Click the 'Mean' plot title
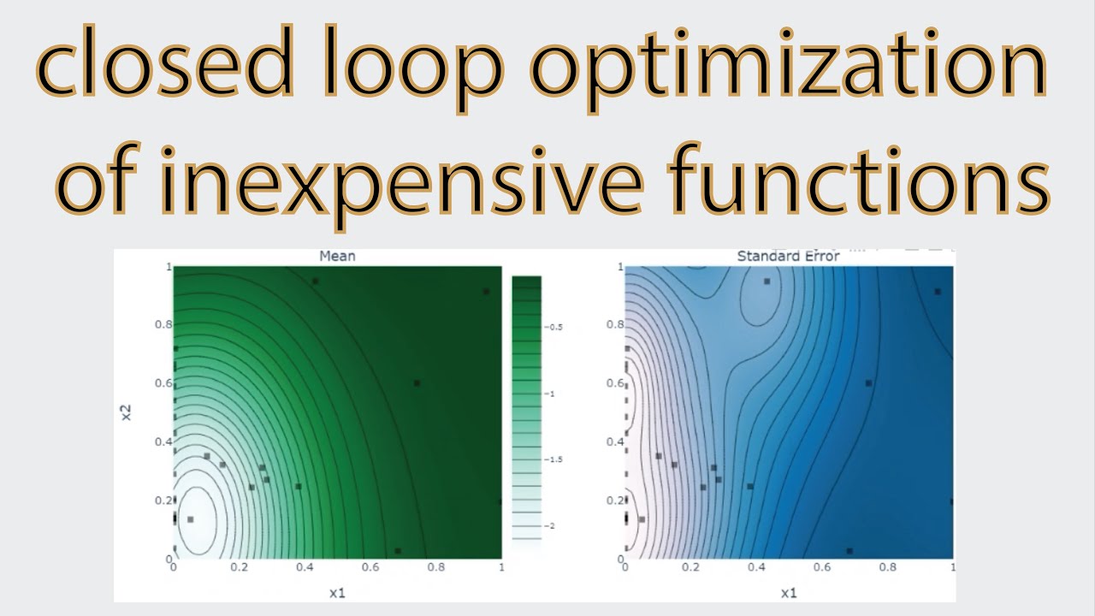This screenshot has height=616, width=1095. coord(337,256)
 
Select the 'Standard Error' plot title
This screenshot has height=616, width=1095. coord(788,256)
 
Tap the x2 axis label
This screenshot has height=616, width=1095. coord(125,412)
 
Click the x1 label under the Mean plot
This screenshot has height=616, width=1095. coord(337,592)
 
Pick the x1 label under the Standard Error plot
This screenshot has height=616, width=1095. coord(788,592)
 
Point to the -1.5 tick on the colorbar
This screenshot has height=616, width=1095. coord(556,459)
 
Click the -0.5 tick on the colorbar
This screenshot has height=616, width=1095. coord(556,327)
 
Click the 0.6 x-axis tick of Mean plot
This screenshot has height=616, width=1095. coord(370,566)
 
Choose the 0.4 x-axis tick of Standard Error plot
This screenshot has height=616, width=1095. coord(755,566)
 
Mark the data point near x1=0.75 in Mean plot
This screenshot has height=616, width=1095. coord(417,383)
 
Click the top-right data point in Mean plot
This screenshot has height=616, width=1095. coord(486,292)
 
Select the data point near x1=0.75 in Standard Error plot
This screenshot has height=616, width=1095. coord(868,383)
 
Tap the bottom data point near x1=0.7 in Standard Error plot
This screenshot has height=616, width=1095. coord(849,551)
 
